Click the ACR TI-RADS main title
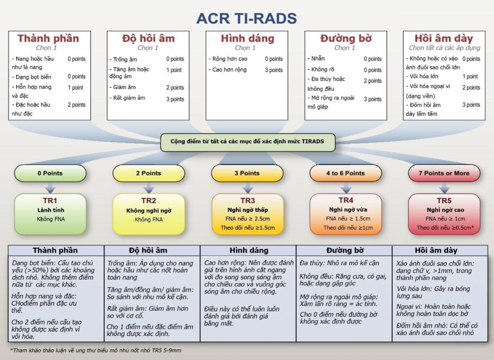(x=247, y=18)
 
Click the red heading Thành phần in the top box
(x=48, y=38)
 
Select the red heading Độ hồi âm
(x=149, y=38)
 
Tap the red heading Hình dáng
(x=247, y=38)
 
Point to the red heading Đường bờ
(x=346, y=38)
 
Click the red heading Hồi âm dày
(x=444, y=38)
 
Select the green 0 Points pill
(x=50, y=173)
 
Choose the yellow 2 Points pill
(x=149, y=173)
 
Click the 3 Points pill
(x=247, y=173)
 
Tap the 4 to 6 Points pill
(x=345, y=173)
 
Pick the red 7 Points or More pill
(x=444, y=173)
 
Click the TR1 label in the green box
(x=50, y=200)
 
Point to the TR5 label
(x=444, y=200)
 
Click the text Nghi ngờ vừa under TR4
(x=348, y=209)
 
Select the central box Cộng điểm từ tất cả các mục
(x=248, y=142)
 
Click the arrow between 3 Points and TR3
(x=248, y=188)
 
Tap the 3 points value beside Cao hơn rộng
(x=274, y=70)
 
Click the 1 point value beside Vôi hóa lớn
(x=470, y=77)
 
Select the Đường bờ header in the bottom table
(x=345, y=250)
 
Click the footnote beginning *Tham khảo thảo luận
(x=96, y=350)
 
